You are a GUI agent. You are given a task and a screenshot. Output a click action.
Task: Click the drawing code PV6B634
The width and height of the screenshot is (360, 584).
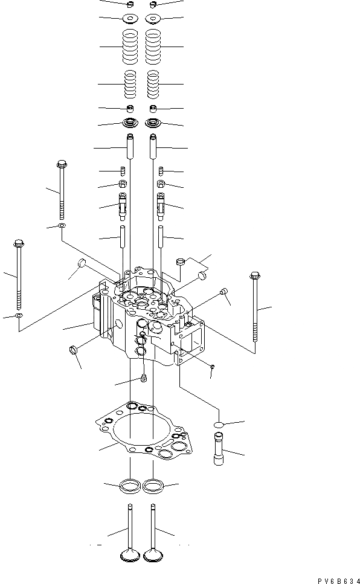click(x=338, y=580)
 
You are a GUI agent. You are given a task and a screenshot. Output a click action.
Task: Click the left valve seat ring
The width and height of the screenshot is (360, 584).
click(x=130, y=486)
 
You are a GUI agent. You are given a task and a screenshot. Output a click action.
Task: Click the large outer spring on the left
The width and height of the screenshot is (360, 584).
click(x=130, y=47)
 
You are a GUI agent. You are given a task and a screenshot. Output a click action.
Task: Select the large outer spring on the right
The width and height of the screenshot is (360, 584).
click(x=153, y=47)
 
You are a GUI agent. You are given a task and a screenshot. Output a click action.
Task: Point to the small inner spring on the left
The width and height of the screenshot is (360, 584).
click(x=130, y=85)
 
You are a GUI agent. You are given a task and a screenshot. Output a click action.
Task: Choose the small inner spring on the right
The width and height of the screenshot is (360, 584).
click(x=153, y=85)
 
